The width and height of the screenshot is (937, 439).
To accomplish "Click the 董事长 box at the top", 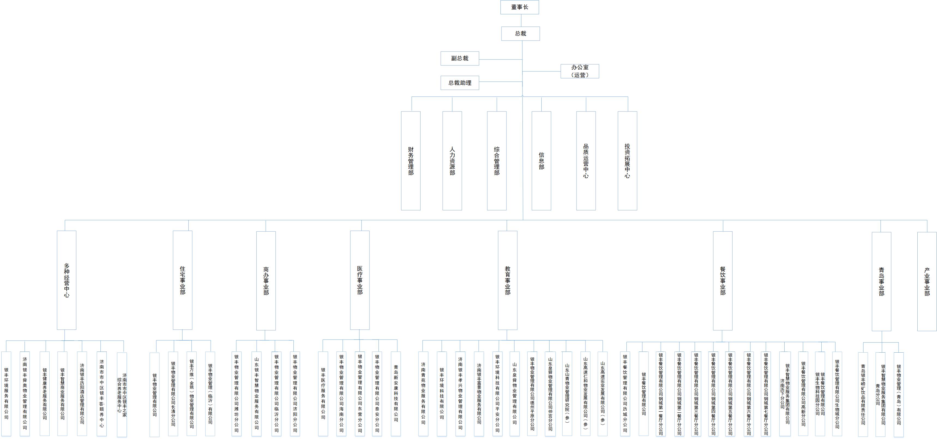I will (519, 7).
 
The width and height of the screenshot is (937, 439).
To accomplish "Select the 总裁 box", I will (521, 34).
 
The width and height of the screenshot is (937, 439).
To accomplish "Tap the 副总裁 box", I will (460, 58).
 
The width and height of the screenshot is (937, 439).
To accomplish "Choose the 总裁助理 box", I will (460, 83).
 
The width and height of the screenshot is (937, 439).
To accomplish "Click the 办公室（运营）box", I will (580, 71).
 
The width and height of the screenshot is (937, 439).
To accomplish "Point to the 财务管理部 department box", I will (411, 161).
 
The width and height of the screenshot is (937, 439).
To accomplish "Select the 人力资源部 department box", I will (452, 161).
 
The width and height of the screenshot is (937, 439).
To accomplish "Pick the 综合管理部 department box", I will (497, 161).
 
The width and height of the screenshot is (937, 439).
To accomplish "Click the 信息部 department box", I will (541, 161).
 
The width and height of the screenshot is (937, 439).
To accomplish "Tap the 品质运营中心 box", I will (586, 161).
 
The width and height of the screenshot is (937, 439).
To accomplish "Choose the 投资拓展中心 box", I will (627, 161).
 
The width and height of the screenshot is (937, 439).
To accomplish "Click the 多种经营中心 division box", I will (67, 280).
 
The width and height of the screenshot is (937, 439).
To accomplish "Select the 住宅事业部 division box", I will (183, 280).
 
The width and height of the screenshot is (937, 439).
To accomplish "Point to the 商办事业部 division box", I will (266, 281).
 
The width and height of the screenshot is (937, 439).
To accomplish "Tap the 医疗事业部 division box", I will (360, 280).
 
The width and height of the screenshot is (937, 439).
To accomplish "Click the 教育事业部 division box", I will (507, 280).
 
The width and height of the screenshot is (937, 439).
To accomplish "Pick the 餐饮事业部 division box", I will (723, 281).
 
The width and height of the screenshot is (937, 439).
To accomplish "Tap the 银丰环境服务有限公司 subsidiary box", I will (6, 393).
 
